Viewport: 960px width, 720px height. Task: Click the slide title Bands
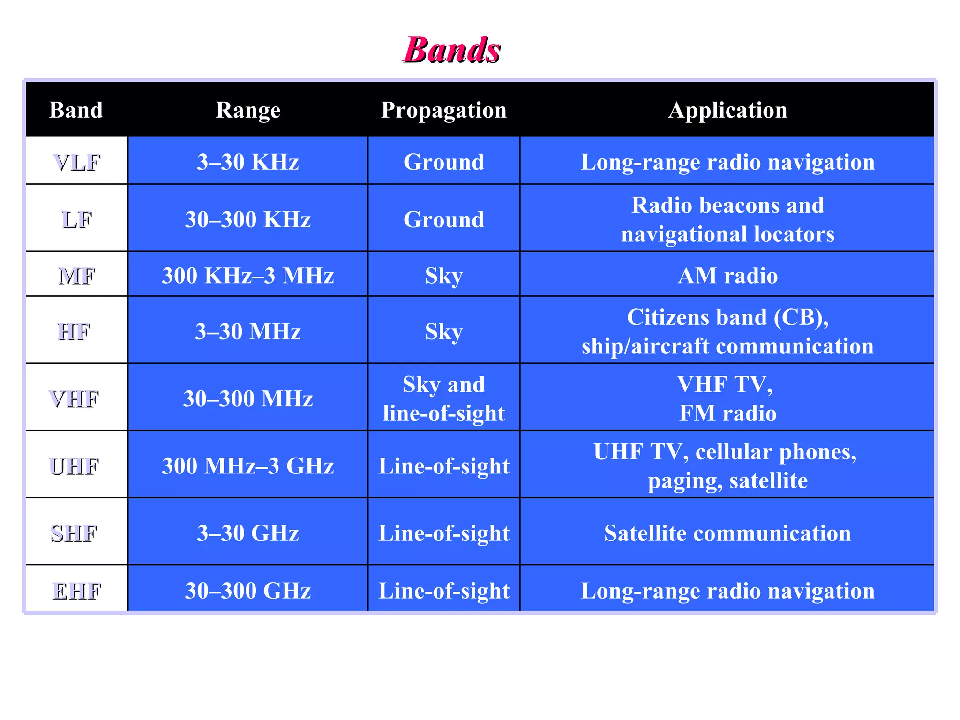point(452,50)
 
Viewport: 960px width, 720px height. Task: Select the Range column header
point(248,110)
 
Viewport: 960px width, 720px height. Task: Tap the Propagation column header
point(443,110)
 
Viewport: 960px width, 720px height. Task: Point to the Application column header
point(727,110)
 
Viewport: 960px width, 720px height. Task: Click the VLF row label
point(77,162)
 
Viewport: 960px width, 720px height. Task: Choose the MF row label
point(77,276)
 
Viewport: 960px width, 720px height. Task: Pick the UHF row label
point(74,466)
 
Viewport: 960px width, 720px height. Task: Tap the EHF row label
point(77,591)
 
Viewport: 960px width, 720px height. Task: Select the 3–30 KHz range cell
point(248,162)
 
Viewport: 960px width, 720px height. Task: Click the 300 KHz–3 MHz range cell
point(248,276)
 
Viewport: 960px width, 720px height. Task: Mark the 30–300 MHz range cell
point(248,399)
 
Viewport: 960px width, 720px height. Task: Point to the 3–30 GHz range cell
point(248,533)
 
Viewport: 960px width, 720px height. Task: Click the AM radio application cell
point(727,276)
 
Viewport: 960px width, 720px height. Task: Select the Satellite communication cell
point(727,533)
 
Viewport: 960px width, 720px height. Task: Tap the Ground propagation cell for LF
point(443,219)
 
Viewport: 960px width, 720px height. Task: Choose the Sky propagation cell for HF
point(443,331)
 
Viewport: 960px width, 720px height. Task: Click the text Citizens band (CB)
point(727,317)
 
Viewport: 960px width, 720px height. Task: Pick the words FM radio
point(727,413)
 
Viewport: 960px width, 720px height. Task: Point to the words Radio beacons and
point(727,205)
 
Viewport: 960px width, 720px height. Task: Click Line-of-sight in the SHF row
point(443,533)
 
